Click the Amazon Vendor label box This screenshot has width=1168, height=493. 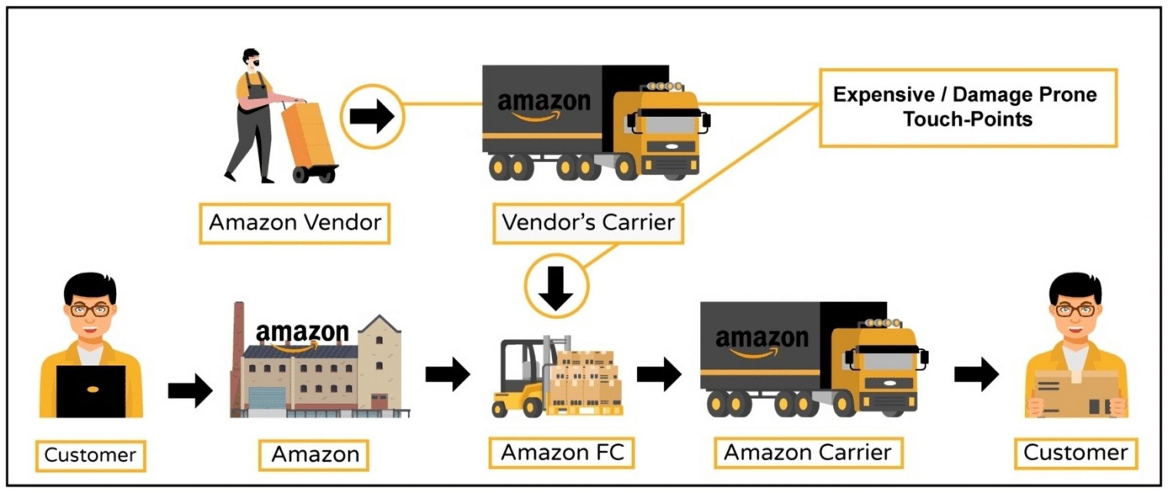pyautogui.click(x=294, y=223)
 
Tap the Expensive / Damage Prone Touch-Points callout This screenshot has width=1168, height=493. pyautogui.click(x=967, y=107)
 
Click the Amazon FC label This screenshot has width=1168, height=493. pyautogui.click(x=562, y=453)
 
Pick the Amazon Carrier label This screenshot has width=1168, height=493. pyautogui.click(x=808, y=453)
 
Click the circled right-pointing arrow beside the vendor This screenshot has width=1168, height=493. pyautogui.click(x=372, y=116)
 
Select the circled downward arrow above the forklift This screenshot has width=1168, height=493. pyautogui.click(x=556, y=286)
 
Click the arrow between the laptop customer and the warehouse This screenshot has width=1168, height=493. pyautogui.click(x=190, y=390)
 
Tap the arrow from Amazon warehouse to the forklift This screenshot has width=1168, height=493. pyautogui.click(x=448, y=374)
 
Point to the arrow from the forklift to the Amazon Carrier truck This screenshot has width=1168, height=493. pyautogui.click(x=659, y=374)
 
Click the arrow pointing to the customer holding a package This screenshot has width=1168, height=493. pyautogui.click(x=976, y=374)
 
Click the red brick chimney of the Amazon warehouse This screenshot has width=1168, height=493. pyautogui.click(x=238, y=342)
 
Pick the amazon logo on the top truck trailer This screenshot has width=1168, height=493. pyautogui.click(x=544, y=103)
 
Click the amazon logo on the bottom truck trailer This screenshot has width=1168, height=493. pyautogui.click(x=761, y=340)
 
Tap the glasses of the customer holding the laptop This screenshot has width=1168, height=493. pyautogui.click(x=90, y=311)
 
